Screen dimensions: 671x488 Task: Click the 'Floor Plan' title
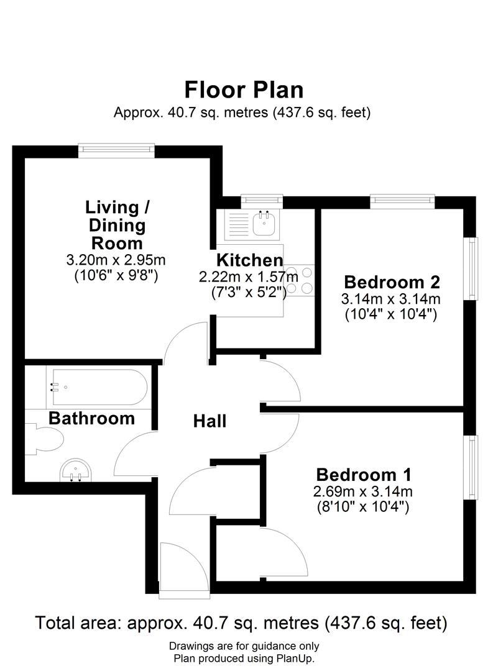[x=244, y=89]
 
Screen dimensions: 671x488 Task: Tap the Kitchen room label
[x=249, y=260]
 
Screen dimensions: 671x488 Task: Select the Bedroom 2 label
[x=392, y=282]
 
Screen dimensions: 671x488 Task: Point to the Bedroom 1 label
[x=364, y=475]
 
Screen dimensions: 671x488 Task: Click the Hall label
[x=209, y=421]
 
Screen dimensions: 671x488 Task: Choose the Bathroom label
[x=91, y=418]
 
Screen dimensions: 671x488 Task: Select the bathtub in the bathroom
[x=98, y=388]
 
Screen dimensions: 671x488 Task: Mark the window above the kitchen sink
[x=262, y=199]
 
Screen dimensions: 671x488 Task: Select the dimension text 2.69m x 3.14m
[x=364, y=492]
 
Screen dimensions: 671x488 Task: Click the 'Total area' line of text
[x=241, y=622]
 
